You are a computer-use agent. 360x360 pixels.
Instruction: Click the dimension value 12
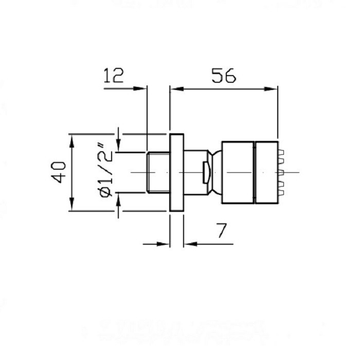click(x=114, y=75)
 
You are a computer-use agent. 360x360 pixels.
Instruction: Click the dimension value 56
click(x=224, y=76)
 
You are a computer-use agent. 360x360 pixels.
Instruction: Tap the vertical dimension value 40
click(x=58, y=172)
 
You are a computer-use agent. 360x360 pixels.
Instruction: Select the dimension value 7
click(x=222, y=230)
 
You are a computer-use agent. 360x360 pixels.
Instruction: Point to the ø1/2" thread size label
click(x=105, y=170)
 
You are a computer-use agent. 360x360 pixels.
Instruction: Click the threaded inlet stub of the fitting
click(x=158, y=172)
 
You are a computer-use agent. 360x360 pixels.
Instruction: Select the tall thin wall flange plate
click(x=177, y=172)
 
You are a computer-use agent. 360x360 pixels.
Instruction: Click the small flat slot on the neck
click(x=206, y=172)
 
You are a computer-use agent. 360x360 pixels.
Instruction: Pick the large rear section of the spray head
click(x=238, y=172)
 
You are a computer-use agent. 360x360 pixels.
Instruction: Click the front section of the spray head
click(x=266, y=172)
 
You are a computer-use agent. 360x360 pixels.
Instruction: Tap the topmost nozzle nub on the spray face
click(x=281, y=152)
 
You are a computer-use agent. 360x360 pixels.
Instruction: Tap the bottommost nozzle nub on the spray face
click(x=281, y=193)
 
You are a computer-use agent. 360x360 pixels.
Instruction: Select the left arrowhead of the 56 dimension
click(x=177, y=89)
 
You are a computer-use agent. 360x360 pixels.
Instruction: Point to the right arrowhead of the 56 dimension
click(x=271, y=89)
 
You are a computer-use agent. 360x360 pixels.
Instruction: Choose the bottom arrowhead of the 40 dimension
click(x=72, y=204)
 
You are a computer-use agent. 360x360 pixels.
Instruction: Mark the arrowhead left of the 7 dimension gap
click(x=163, y=244)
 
